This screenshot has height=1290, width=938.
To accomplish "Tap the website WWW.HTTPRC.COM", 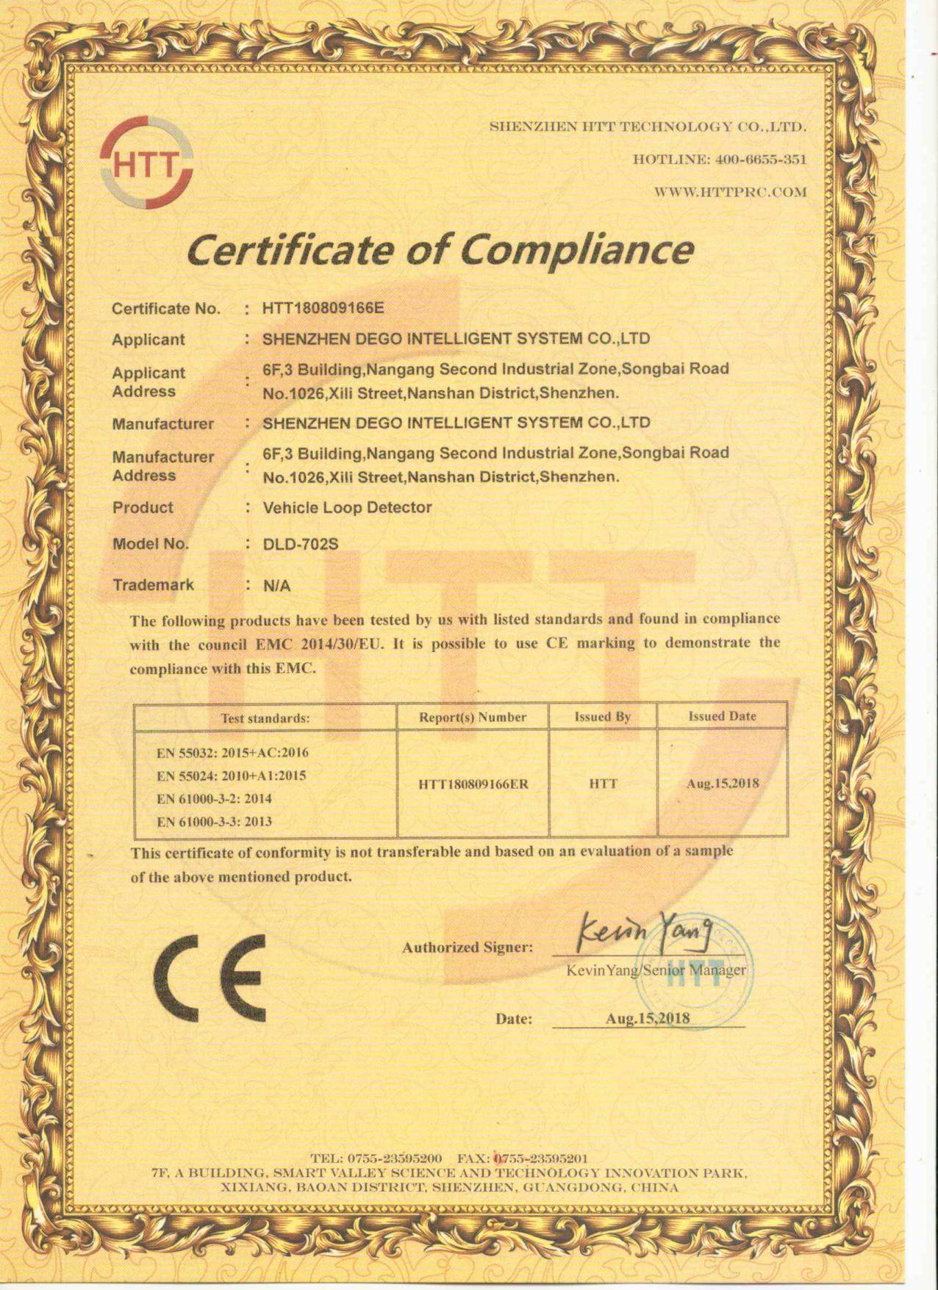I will pos(730,193).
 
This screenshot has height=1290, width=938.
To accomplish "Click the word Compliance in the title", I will pos(576,249).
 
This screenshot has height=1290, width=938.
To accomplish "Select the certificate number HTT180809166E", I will pos(323,307).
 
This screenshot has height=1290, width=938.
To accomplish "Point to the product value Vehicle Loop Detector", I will pos(347,507).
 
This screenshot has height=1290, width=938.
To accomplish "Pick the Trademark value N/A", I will pos(276,586).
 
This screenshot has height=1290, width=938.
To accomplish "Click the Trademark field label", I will pos(153,585).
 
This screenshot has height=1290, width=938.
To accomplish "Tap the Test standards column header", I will pos(265,718).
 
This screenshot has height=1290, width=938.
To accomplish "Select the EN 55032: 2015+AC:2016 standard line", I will pos(232,753).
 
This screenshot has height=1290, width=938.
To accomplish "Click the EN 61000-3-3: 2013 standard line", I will pos(214,822).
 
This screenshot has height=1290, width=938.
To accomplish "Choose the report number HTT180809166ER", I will pos(473,784).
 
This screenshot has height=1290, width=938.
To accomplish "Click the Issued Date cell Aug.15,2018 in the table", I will pos(723,784).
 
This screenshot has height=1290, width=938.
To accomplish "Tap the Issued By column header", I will pos(603,717).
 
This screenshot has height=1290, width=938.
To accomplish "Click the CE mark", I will pos(210,978).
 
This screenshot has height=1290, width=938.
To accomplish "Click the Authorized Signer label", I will pos(468,947).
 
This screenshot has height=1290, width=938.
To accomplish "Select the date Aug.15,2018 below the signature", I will pos(648,1018).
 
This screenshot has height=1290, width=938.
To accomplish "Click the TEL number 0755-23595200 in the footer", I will pos(394,1159).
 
